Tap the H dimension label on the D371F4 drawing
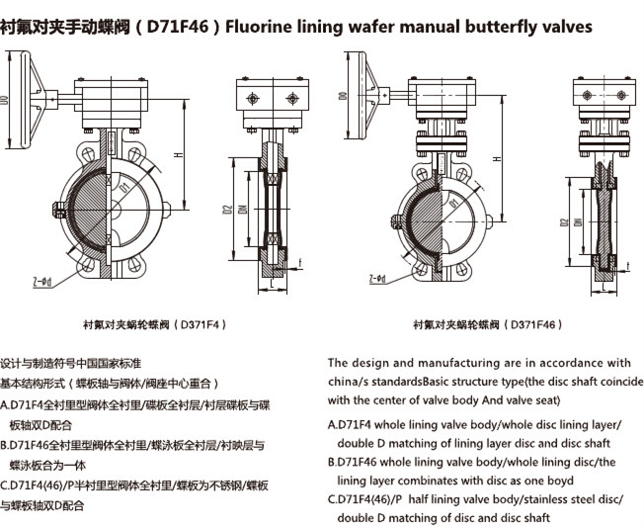tap(177, 154)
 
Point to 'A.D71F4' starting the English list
tap(353, 424)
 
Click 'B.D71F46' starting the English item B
tap(357, 462)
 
